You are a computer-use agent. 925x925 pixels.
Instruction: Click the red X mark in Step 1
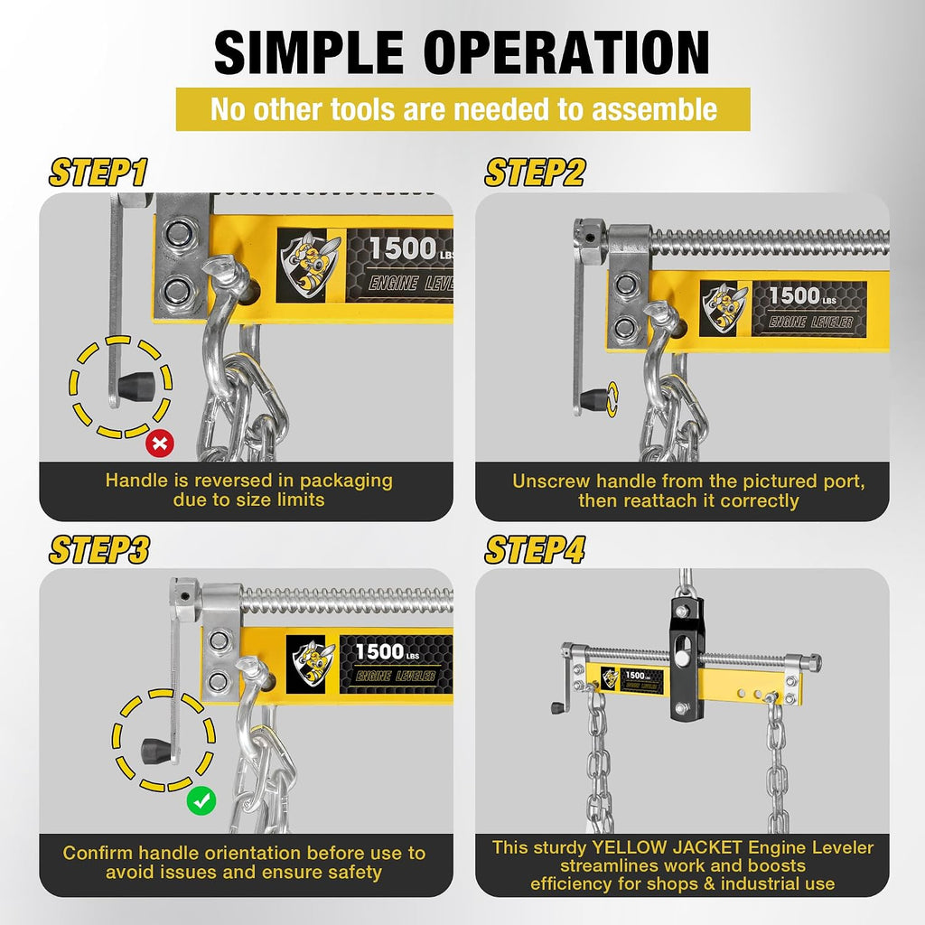click(x=160, y=443)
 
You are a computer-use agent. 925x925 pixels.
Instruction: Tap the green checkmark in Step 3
click(x=201, y=800)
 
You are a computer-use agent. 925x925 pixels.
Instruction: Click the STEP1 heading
click(x=98, y=173)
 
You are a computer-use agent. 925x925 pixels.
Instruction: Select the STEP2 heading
click(x=535, y=173)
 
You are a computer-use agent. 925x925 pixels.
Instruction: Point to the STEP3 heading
click(x=99, y=550)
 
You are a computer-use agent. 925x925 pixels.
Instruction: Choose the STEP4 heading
click(x=535, y=550)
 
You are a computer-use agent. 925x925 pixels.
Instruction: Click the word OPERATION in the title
click(x=566, y=53)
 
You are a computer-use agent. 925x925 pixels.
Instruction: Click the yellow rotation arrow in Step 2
click(x=612, y=398)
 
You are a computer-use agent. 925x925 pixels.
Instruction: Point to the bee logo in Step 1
click(x=309, y=265)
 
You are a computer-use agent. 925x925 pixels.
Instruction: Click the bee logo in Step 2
click(x=725, y=308)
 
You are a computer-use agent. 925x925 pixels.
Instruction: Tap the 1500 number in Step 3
click(x=379, y=652)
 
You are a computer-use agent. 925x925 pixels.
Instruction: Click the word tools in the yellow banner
click(x=361, y=109)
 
